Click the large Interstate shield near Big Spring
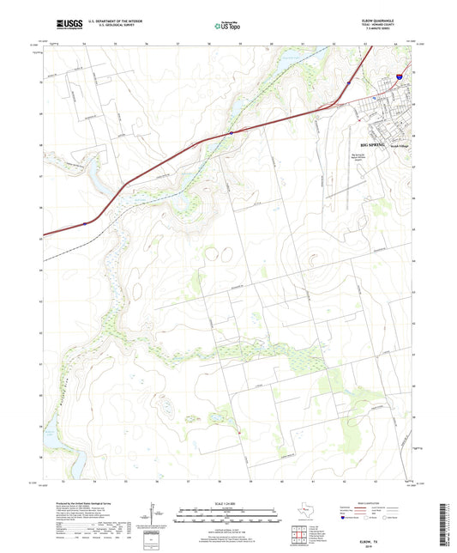tap(400, 76)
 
